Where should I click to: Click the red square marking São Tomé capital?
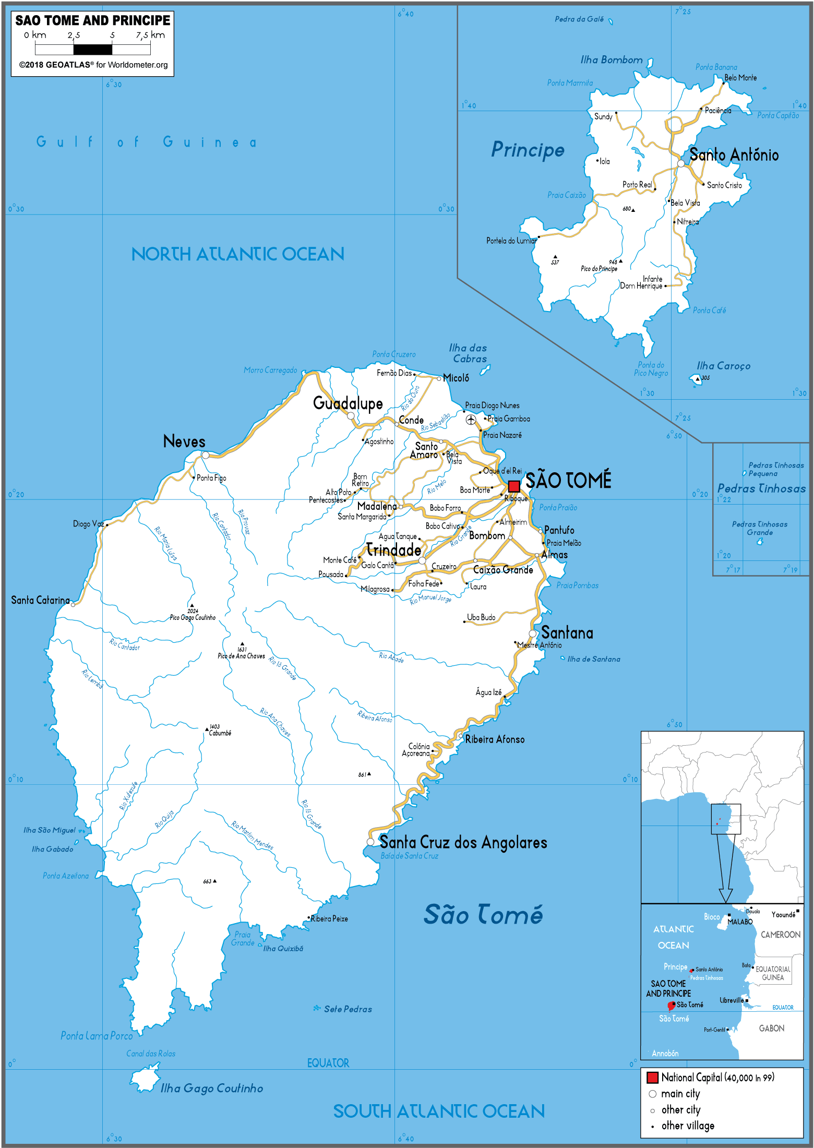pyautogui.click(x=514, y=486)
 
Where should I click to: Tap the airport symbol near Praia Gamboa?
pyautogui.click(x=471, y=420)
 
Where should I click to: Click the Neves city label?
pyautogui.click(x=184, y=441)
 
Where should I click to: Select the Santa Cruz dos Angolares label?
pyautogui.click(x=463, y=842)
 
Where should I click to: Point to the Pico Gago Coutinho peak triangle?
pyautogui.click(x=191, y=606)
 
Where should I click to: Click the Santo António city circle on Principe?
pyautogui.click(x=681, y=164)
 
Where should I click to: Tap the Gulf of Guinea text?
pyautogui.click(x=146, y=142)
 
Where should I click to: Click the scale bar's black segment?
pyautogui.click(x=93, y=50)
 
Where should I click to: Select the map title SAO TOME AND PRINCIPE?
pyautogui.click(x=93, y=21)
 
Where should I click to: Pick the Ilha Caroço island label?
pyautogui.click(x=723, y=366)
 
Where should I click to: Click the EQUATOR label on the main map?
pyautogui.click(x=328, y=1063)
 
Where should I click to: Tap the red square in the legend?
pyautogui.click(x=652, y=1078)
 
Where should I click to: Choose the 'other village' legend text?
pyautogui.click(x=688, y=1126)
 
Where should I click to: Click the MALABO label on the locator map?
pyautogui.click(x=740, y=922)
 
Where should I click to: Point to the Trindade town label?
pyautogui.click(x=393, y=550)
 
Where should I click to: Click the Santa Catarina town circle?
pyautogui.click(x=73, y=604)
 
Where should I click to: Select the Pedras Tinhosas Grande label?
pyautogui.click(x=760, y=528)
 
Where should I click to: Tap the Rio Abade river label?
pyautogui.click(x=391, y=657)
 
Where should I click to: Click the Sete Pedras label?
pyautogui.click(x=348, y=1009)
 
